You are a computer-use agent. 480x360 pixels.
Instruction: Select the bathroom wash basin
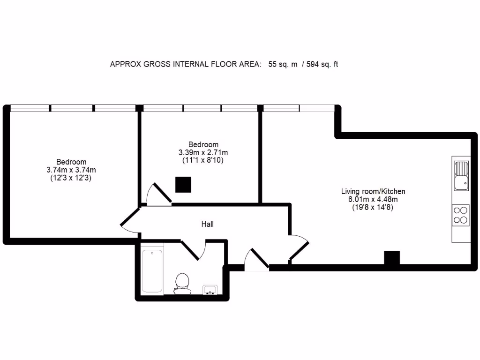[x=210, y=290]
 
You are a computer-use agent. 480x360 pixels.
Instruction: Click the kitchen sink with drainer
[x=461, y=175]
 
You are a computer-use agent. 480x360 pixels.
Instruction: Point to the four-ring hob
[x=461, y=216]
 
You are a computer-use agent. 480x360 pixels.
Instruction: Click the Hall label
[x=208, y=225]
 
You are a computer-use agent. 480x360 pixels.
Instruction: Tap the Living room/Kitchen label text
[x=373, y=191]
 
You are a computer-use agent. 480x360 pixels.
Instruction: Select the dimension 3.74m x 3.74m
[x=71, y=170]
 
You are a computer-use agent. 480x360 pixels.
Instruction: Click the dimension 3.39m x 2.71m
[x=203, y=152]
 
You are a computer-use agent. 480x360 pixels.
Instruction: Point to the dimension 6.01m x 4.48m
[x=373, y=199]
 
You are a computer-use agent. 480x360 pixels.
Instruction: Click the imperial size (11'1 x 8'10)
[x=203, y=160]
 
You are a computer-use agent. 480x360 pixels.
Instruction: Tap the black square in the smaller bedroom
[x=183, y=185]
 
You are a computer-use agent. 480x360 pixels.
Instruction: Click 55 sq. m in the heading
[x=283, y=65]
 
